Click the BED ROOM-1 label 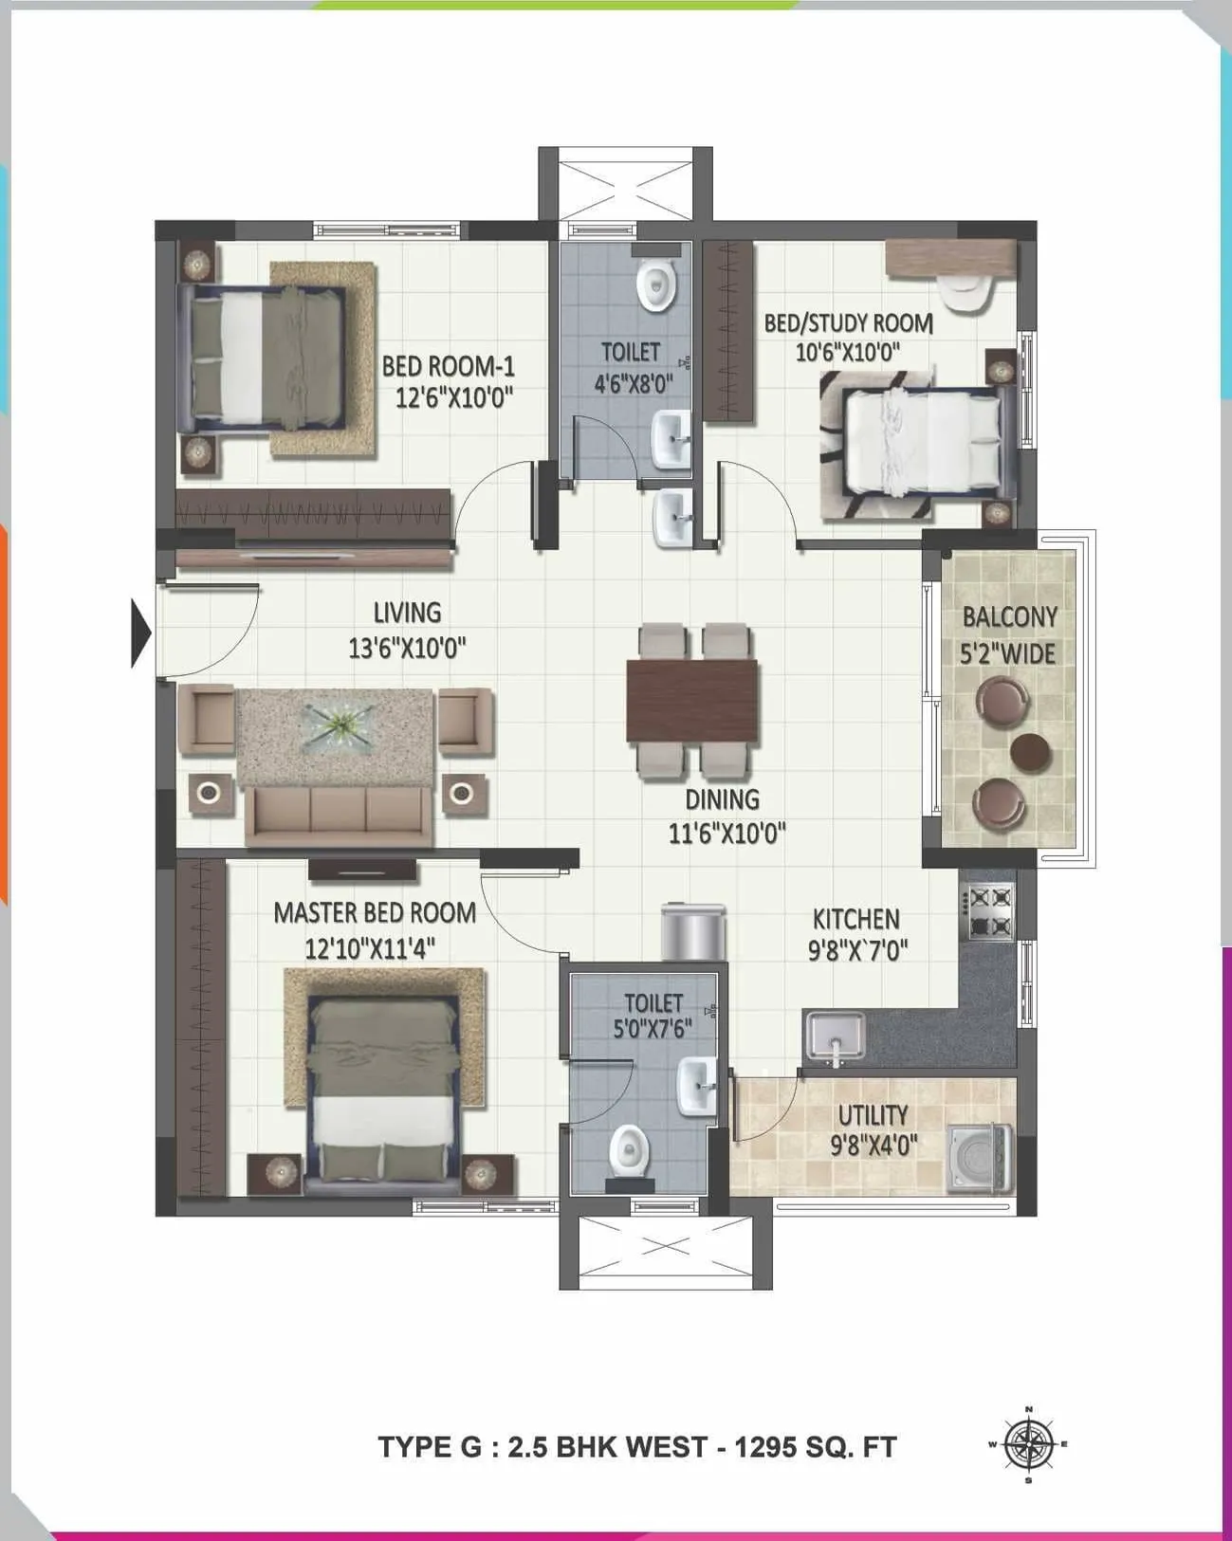447,366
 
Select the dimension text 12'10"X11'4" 370,947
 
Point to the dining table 692,701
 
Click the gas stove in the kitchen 989,912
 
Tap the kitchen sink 835,1035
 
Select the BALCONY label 1009,617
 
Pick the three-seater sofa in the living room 339,815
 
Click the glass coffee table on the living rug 337,728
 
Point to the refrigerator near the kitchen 693,932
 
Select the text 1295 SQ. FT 816,1447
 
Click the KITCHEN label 855,919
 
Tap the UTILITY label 873,1115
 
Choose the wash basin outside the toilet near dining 672,518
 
